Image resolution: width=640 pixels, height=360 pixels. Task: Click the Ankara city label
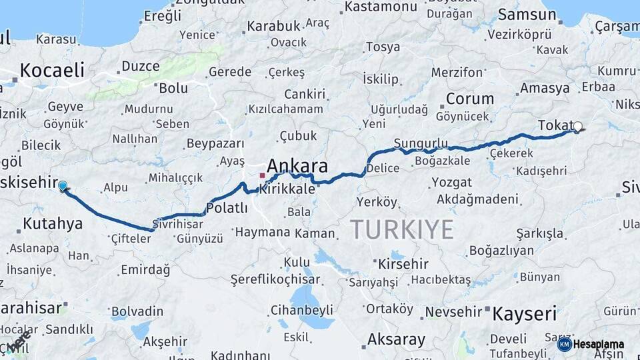(297, 166)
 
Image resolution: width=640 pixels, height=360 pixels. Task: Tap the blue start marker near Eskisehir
(63, 186)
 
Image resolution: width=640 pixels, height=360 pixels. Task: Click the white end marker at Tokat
(577, 126)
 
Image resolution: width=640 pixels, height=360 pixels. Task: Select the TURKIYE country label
(402, 229)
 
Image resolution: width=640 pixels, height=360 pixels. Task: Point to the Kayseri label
(524, 314)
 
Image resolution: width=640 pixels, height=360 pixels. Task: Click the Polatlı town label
(227, 209)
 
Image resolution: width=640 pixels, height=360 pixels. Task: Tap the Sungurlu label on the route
(420, 143)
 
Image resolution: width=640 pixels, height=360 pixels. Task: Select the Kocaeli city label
(52, 70)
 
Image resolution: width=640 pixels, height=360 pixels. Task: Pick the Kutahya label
(53, 223)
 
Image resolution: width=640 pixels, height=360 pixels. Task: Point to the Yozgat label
(451, 182)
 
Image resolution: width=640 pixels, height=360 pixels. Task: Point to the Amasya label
(545, 88)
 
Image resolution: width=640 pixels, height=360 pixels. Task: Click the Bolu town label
(173, 87)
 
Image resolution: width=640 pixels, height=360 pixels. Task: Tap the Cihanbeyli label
(301, 310)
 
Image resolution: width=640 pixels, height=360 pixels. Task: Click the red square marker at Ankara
(263, 176)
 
